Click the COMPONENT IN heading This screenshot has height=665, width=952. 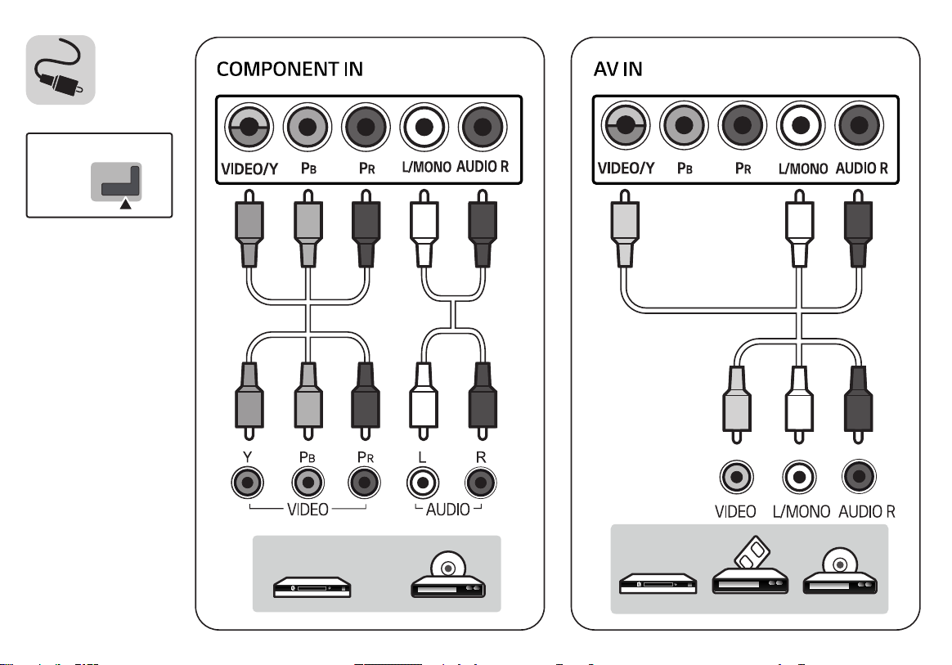[290, 70]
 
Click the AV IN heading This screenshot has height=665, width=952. [617, 70]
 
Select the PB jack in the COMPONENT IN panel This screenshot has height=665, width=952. [308, 127]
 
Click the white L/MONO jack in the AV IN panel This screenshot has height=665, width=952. [801, 126]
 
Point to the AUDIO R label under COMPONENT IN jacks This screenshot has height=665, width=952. [482, 166]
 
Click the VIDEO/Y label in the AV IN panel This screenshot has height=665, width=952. [626, 168]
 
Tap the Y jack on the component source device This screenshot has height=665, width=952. [248, 483]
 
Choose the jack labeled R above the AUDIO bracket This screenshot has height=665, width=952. [480, 483]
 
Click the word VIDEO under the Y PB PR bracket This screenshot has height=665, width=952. [308, 510]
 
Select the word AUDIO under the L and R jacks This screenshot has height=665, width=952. [448, 510]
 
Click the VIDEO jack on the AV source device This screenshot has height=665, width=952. [736, 477]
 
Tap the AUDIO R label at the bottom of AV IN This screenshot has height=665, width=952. [867, 512]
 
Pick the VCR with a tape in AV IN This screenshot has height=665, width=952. [751, 567]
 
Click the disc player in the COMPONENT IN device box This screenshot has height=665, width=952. [448, 575]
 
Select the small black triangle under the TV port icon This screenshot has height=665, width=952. [126, 204]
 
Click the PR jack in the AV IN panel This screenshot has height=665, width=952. [743, 126]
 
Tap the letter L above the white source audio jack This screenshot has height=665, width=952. [422, 457]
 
